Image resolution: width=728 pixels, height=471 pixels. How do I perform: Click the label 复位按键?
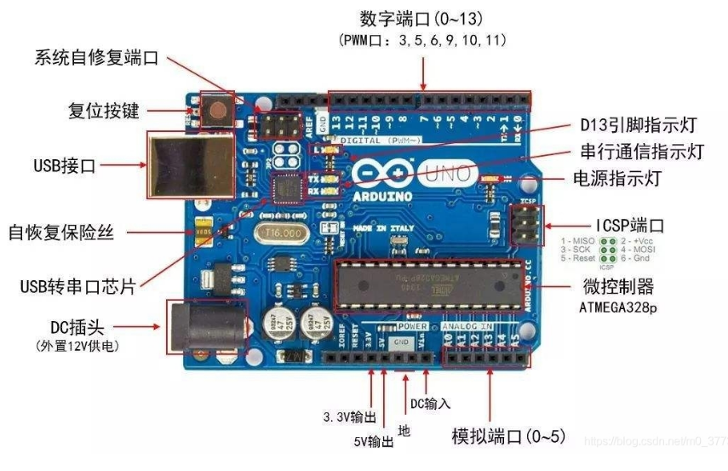[103, 111]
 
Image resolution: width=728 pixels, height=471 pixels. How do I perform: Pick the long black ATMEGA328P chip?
[428, 284]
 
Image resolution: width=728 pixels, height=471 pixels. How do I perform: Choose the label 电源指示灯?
[605, 179]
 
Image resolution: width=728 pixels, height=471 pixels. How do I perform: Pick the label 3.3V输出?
[350, 417]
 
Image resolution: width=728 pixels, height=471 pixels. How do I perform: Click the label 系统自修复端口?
[97, 59]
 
